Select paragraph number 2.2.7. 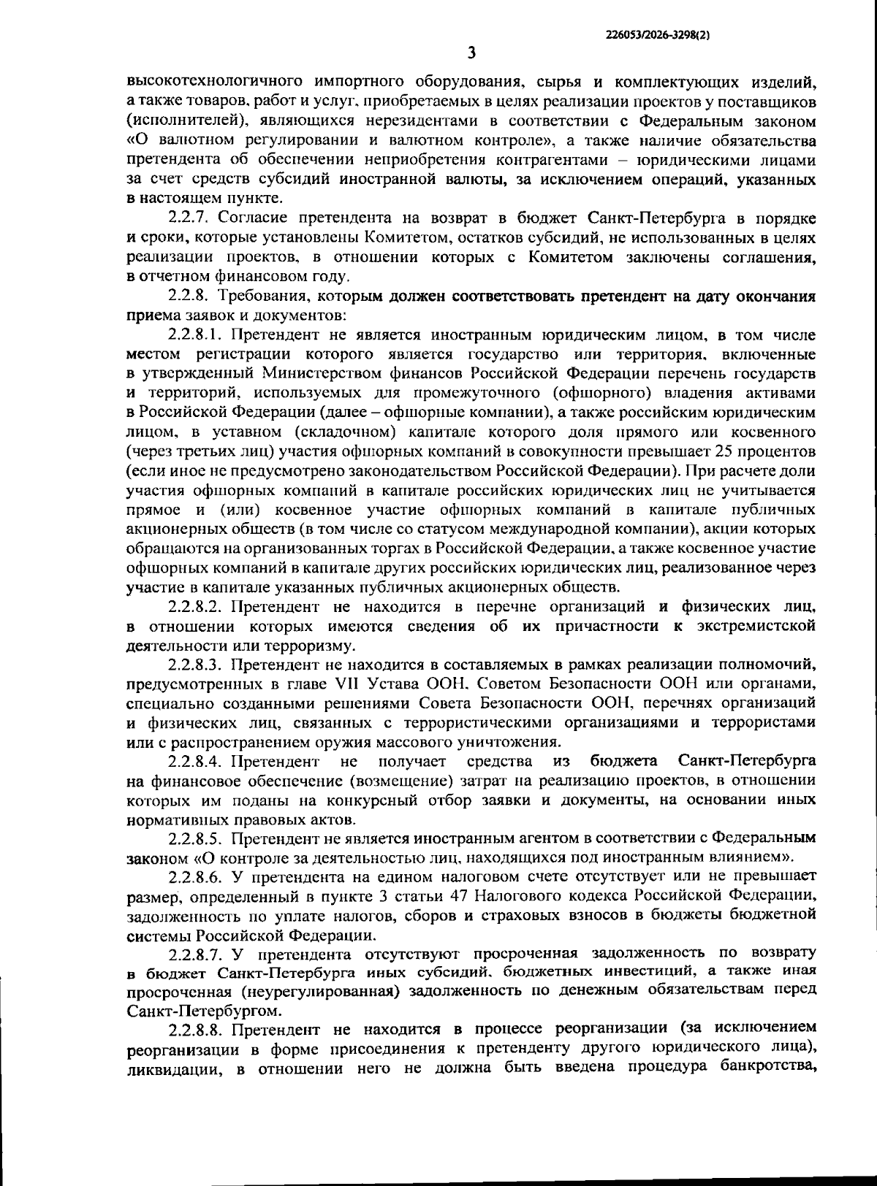(x=191, y=218)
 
